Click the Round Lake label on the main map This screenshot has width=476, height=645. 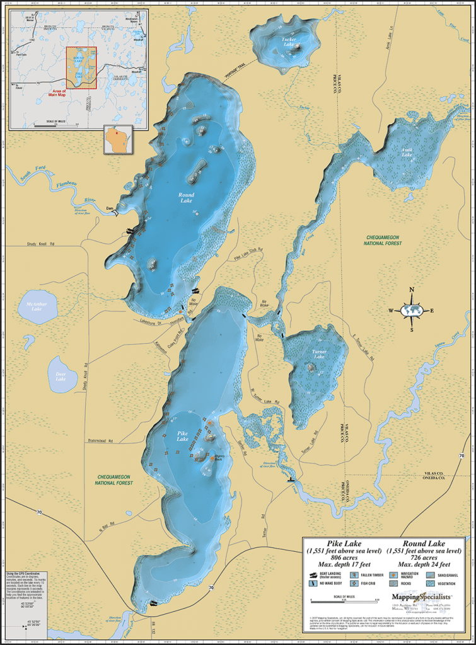pos(186,198)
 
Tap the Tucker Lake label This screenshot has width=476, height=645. pos(288,42)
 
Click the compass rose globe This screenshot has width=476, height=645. pos(412,310)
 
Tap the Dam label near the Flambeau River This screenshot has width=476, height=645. pos(109,208)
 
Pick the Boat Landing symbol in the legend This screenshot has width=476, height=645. pos(313,575)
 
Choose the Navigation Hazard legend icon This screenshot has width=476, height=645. pos(393,575)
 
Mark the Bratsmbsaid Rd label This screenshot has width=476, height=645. pos(105,441)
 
